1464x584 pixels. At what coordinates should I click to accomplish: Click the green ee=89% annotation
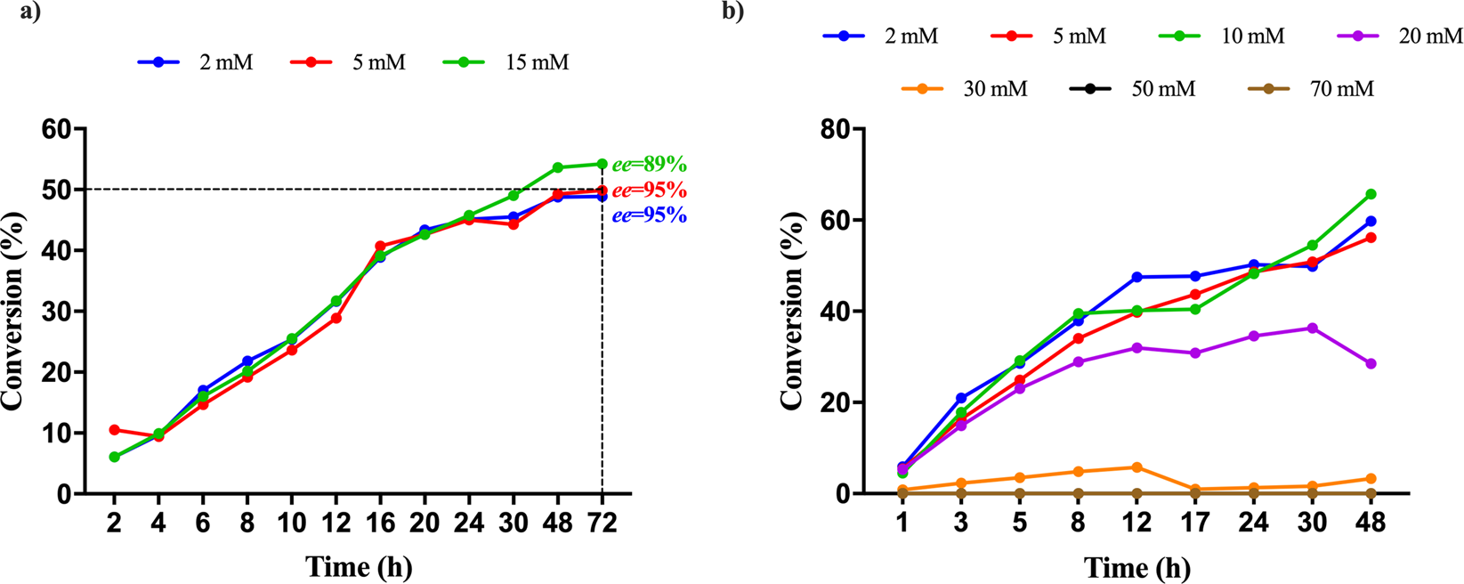click(649, 165)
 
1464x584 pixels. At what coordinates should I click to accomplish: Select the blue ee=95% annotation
click(649, 215)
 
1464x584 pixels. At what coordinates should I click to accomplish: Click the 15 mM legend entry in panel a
click(506, 62)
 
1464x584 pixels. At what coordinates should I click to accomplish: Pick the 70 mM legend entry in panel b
click(1313, 89)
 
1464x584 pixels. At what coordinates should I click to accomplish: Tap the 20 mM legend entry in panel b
click(1401, 36)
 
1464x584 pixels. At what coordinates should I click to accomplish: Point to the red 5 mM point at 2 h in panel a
click(114, 430)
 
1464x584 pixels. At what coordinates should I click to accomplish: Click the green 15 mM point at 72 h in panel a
click(603, 164)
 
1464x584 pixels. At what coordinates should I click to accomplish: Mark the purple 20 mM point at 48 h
click(1371, 364)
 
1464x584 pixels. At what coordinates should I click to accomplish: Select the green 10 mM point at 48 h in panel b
click(1371, 194)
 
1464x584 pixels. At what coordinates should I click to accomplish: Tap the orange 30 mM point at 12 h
click(1136, 467)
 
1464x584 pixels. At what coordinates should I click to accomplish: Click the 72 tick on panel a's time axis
click(603, 523)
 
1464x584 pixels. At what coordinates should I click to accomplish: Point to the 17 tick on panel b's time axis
click(1195, 523)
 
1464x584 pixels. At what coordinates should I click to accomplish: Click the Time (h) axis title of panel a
click(359, 567)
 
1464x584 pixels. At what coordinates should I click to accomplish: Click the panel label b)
click(735, 12)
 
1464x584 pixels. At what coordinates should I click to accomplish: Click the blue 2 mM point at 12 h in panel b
click(1136, 277)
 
